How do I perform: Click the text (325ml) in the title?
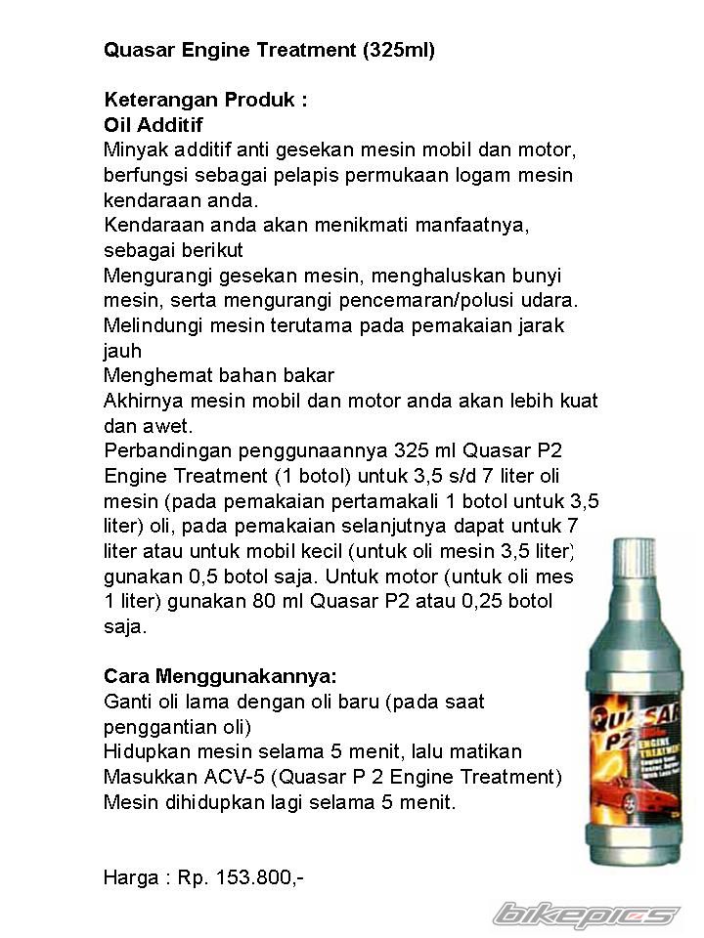coord(398,51)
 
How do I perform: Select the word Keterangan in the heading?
coord(160,101)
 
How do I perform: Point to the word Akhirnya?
coord(143,402)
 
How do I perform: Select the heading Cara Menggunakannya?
coord(220,677)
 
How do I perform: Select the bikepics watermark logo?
coord(587,916)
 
